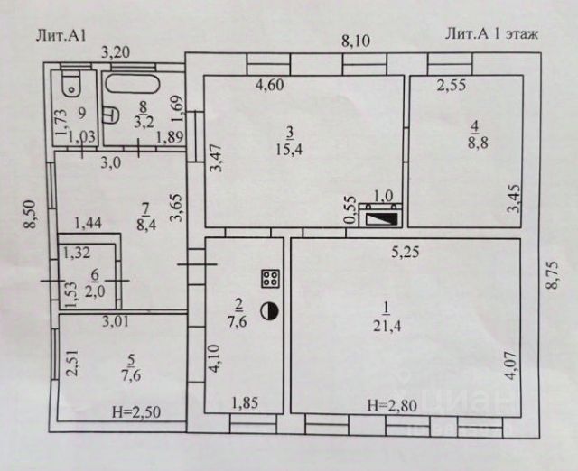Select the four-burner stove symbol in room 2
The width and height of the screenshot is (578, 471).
[x=269, y=278]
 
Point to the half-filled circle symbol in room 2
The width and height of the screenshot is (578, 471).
[x=269, y=311]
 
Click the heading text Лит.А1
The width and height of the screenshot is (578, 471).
[x=61, y=36]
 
